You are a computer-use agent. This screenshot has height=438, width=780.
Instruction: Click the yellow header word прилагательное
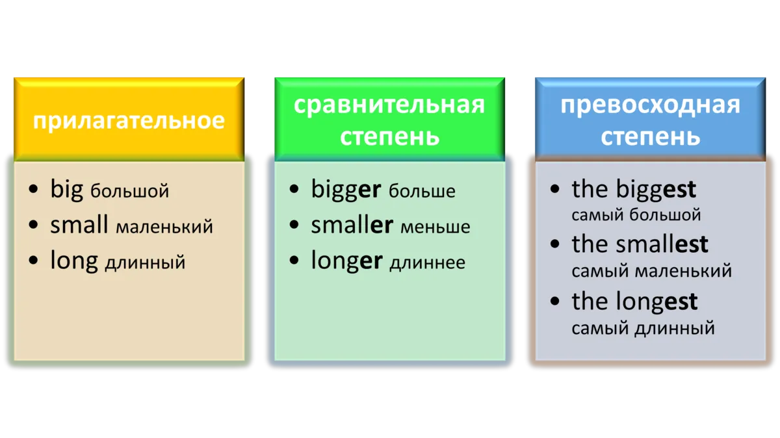(129, 121)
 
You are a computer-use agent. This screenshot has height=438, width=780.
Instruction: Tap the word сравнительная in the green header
(389, 105)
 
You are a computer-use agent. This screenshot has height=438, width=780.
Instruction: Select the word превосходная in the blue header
(650, 105)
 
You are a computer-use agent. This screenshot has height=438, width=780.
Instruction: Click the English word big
(66, 189)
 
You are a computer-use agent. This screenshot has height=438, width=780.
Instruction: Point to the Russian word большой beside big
(129, 191)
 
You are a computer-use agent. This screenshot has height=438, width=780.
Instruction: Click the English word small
(79, 225)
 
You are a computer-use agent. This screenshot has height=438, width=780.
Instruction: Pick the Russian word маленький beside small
(164, 227)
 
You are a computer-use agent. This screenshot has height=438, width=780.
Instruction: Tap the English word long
(74, 261)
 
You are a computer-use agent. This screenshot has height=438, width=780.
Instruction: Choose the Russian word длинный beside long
(145, 262)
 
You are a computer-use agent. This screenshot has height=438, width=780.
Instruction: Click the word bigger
(346, 189)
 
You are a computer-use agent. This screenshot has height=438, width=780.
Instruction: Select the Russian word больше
(422, 191)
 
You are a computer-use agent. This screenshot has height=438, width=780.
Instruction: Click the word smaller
(352, 225)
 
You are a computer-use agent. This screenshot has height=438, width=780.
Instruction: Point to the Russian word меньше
(435, 227)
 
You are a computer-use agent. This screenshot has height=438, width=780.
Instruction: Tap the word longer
(347, 261)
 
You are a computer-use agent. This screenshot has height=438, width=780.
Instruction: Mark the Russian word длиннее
(427, 263)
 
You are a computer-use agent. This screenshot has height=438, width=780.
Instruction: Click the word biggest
(656, 189)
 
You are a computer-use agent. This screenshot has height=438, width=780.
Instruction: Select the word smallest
(662, 244)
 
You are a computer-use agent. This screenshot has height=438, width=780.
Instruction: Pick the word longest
(656, 301)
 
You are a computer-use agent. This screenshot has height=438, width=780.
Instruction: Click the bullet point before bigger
(294, 189)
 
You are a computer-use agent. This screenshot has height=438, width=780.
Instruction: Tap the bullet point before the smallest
(554, 244)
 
